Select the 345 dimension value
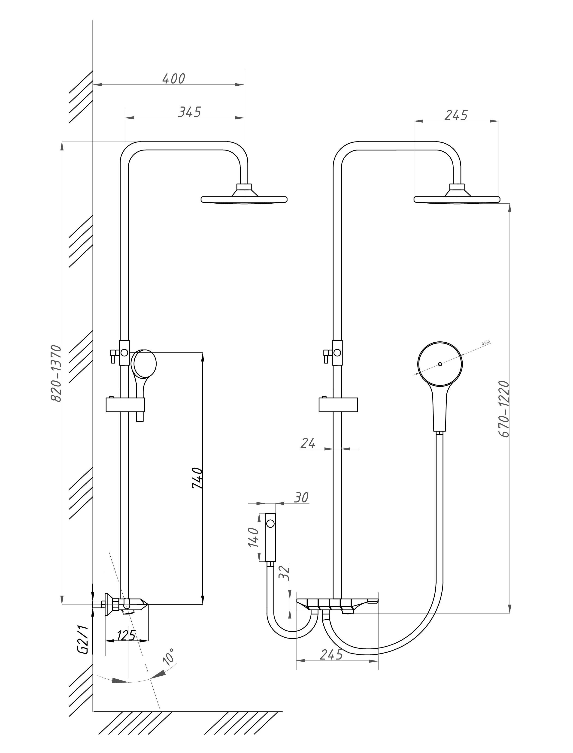pos(190,112)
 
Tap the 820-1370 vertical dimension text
pos(56,373)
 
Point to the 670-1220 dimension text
pos(504,409)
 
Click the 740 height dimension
pos(197,478)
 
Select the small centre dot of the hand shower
pos(440,364)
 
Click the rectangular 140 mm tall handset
pos(270,537)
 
